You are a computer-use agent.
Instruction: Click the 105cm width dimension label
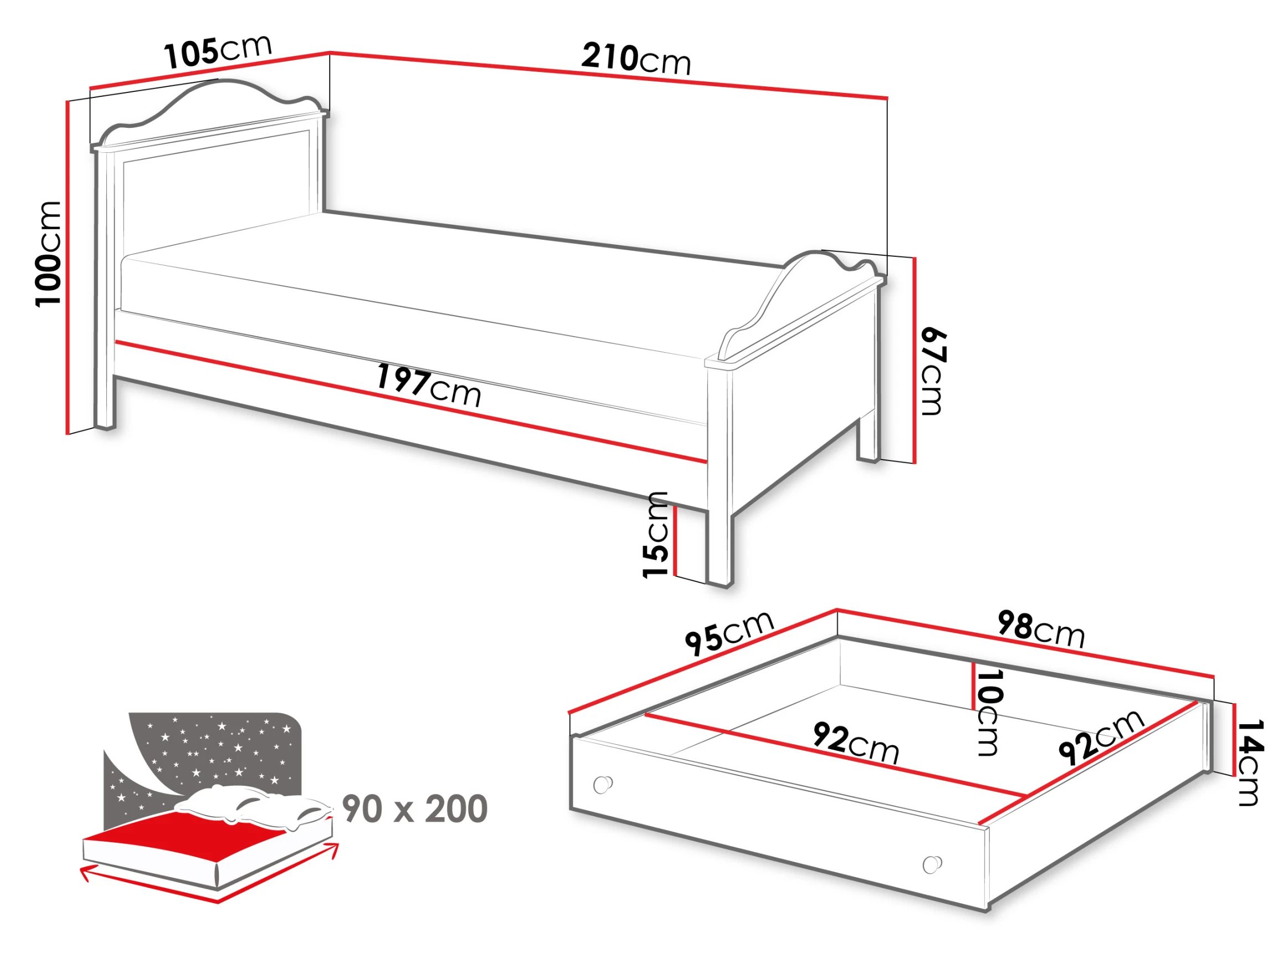[218, 52]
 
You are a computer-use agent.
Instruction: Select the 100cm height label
[49, 254]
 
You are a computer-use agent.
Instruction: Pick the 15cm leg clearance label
[655, 535]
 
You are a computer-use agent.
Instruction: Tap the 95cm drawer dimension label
[729, 633]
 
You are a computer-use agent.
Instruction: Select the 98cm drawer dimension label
[1041, 630]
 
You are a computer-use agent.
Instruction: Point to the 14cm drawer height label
[1249, 762]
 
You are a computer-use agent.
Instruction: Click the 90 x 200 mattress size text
[414, 810]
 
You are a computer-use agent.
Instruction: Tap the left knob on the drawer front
[603, 785]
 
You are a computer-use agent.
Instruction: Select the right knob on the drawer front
[932, 865]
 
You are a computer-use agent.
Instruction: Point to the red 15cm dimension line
[675, 541]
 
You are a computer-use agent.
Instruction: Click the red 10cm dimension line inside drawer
[974, 685]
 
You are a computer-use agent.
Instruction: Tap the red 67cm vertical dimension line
[915, 360]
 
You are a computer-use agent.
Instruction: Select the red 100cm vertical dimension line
[68, 267]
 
